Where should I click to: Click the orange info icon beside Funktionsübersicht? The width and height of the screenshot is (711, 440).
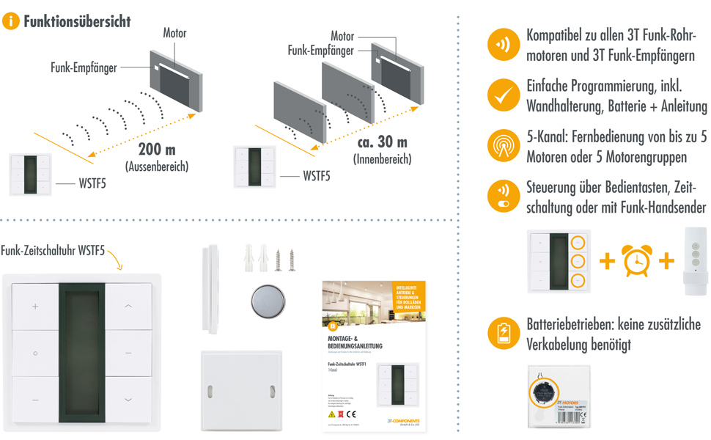click(x=11, y=21)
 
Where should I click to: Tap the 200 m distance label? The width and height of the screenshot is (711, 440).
click(x=157, y=150)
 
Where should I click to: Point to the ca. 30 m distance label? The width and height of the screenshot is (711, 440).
click(x=382, y=142)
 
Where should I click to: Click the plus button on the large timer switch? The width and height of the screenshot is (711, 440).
click(x=35, y=306)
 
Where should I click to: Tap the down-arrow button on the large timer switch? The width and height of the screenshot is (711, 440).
click(x=128, y=400)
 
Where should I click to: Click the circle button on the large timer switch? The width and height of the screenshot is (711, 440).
click(x=35, y=353)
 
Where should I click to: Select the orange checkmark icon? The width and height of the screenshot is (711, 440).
click(x=503, y=95)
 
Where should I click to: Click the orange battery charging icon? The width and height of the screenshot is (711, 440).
click(x=503, y=334)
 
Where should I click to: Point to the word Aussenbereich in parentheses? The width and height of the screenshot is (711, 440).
click(x=157, y=167)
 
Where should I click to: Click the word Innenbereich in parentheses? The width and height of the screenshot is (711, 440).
click(x=382, y=159)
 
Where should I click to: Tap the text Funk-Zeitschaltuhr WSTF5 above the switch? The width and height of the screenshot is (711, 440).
click(x=53, y=251)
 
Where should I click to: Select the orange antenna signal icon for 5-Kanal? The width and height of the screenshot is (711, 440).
click(x=503, y=145)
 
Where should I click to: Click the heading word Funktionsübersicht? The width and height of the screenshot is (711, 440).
click(x=77, y=21)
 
